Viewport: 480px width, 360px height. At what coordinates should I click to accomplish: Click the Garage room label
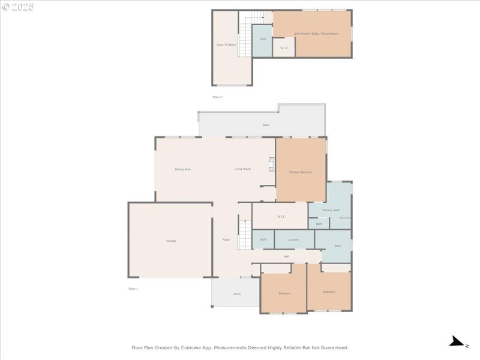pyautogui.click(x=171, y=241)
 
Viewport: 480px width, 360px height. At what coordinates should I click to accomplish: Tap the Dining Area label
pyautogui.click(x=183, y=169)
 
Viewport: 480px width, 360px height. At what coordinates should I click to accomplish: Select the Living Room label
pyautogui.click(x=242, y=169)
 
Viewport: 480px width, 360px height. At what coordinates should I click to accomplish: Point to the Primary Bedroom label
pyautogui.click(x=301, y=172)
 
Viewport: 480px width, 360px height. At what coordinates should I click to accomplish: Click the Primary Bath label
pyautogui.click(x=331, y=210)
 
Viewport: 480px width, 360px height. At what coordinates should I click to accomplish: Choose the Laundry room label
pyautogui.click(x=293, y=239)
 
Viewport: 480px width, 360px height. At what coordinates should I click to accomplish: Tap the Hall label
pyautogui.click(x=286, y=256)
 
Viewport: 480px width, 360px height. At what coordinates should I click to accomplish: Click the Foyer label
pyautogui.click(x=226, y=239)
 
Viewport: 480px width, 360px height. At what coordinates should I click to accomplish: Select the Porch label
pyautogui.click(x=237, y=294)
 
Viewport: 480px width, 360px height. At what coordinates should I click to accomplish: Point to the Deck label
pyautogui.click(x=265, y=125)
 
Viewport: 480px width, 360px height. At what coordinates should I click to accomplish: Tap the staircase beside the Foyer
pyautogui.click(x=244, y=235)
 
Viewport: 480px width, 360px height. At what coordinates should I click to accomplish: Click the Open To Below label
pyautogui.click(x=226, y=45)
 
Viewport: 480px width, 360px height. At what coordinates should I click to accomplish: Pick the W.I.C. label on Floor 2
pyautogui.click(x=284, y=48)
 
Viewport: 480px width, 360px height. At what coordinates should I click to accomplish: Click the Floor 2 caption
pyautogui.click(x=217, y=97)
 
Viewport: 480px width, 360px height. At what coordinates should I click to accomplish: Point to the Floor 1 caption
pyautogui.click(x=133, y=289)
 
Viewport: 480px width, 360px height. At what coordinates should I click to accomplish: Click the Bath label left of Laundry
pyautogui.click(x=263, y=239)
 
